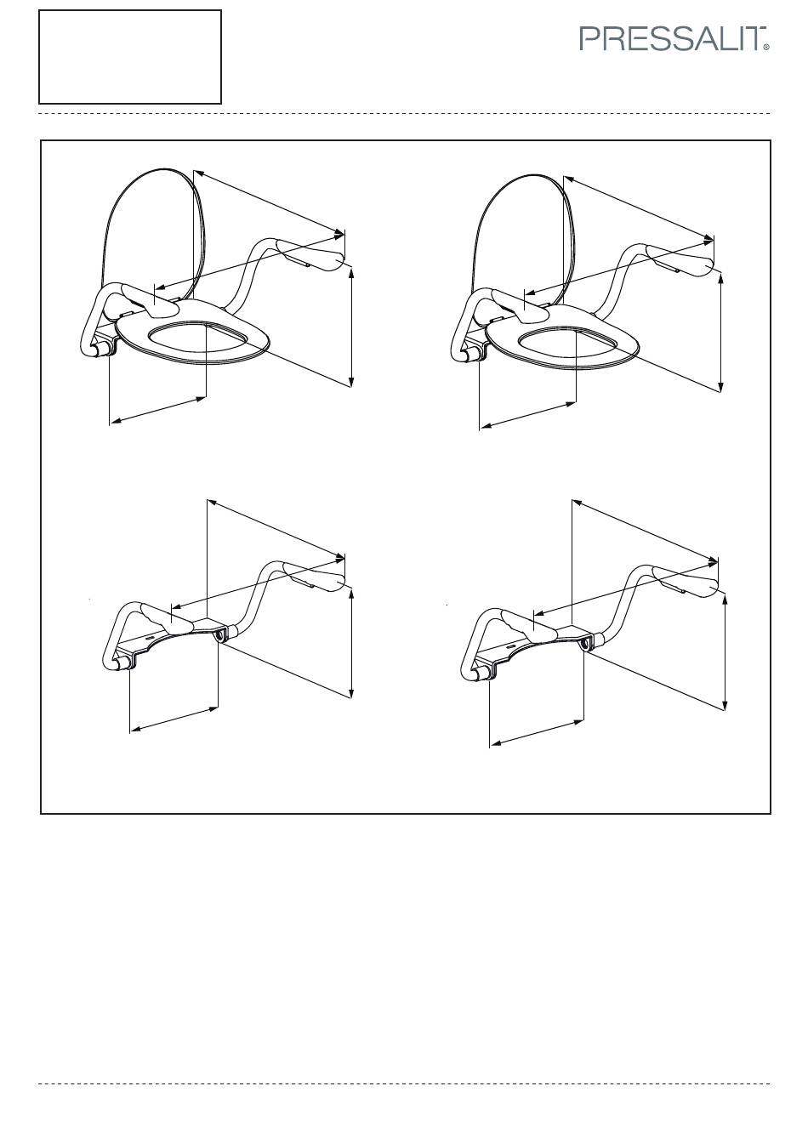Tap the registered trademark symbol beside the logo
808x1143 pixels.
tap(766, 48)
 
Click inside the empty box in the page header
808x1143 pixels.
tap(130, 57)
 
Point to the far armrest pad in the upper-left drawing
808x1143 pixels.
tap(310, 256)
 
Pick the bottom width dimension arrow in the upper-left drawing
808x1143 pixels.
tap(158, 410)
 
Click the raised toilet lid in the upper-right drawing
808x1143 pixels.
tap(523, 237)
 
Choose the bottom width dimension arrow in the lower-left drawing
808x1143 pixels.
tap(174, 719)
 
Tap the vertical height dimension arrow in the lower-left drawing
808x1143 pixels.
tap(351, 642)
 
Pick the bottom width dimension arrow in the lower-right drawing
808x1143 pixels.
tap(537, 733)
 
